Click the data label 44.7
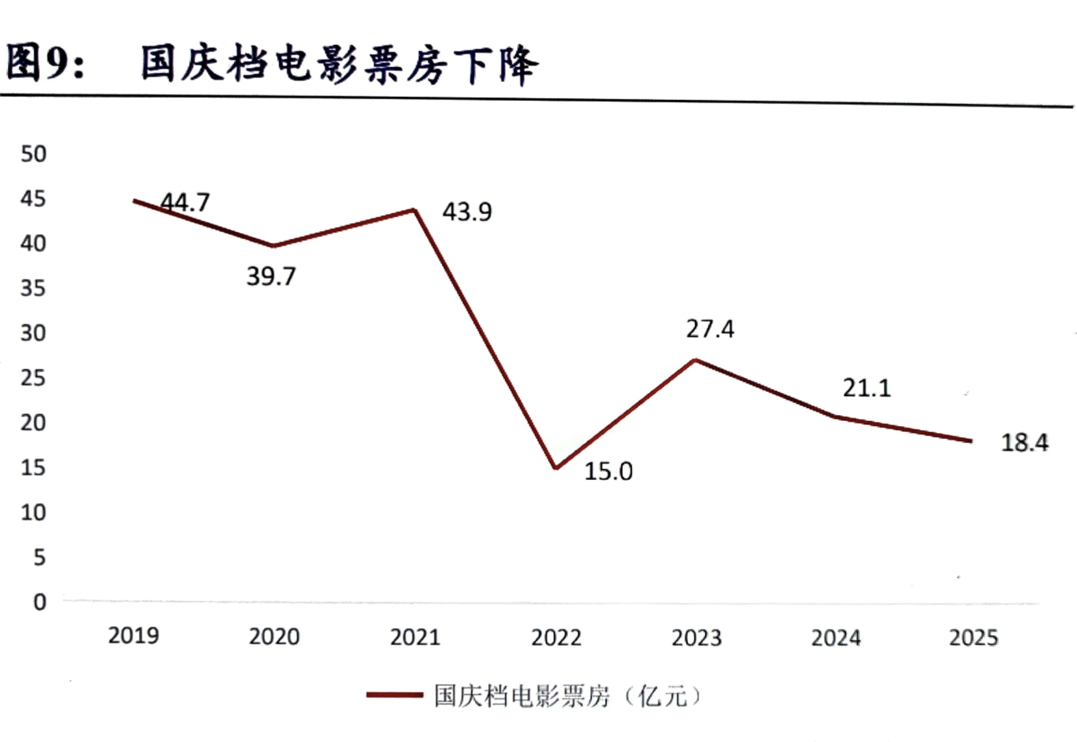pos(185,202)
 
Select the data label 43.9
pos(467,212)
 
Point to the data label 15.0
pos(608,471)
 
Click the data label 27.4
pos(710,329)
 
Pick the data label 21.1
pos(867,388)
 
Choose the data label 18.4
pos(1025,443)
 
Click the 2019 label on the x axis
pos(133,636)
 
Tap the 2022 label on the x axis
pos(556,637)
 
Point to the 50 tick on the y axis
pos(34,154)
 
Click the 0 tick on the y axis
pos(40,602)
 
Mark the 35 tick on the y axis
pos(34,288)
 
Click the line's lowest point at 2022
pos(556,468)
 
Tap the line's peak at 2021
pos(414,210)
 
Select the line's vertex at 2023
pos(695,360)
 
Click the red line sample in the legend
pos(394,696)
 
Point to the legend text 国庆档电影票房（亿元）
pos(567,696)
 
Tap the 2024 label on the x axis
pos(835,638)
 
